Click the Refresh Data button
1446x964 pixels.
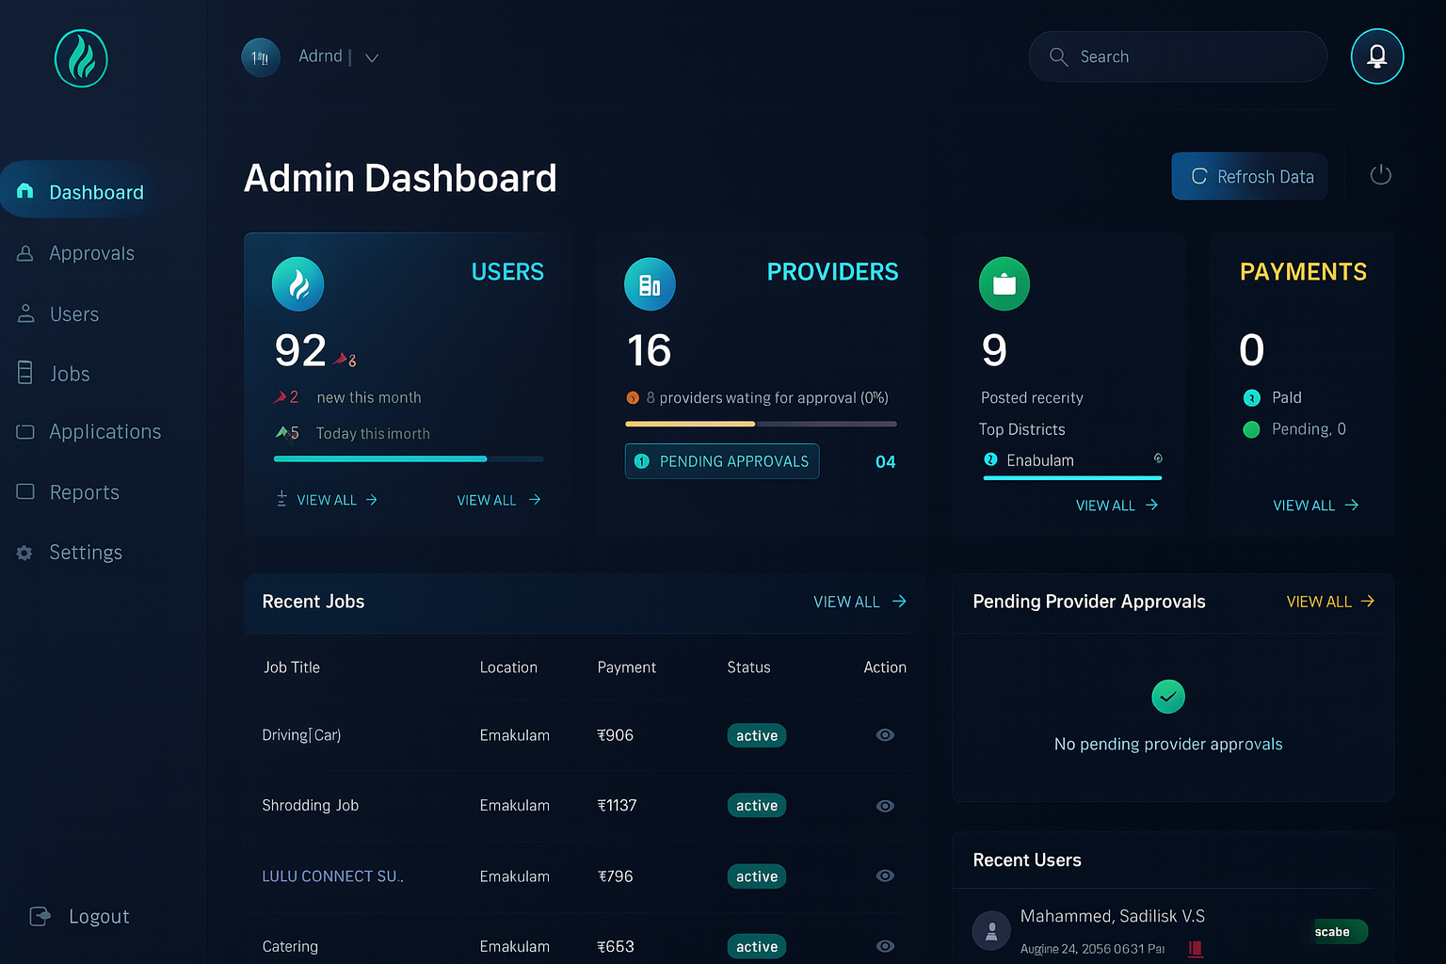pyautogui.click(x=1249, y=176)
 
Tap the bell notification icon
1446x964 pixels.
pyautogui.click(x=1376, y=56)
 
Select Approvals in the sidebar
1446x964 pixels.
pyautogui.click(x=90, y=253)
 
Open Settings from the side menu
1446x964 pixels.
pyautogui.click(x=85, y=553)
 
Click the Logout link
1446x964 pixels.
pyautogui.click(x=98, y=916)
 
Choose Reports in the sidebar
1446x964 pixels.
pyautogui.click(x=84, y=492)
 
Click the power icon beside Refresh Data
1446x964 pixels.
pyautogui.click(x=1380, y=175)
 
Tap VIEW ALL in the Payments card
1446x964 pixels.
pyautogui.click(x=1314, y=506)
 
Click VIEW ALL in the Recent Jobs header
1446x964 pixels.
pyautogui.click(x=859, y=602)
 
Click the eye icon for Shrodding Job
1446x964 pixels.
pyautogui.click(x=885, y=806)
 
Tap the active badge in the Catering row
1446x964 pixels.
pyautogui.click(x=756, y=946)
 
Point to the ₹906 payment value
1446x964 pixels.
pyautogui.click(x=615, y=735)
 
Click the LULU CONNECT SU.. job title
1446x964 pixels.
pyautogui.click(x=332, y=876)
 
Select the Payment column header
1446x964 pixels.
pyautogui.click(x=626, y=667)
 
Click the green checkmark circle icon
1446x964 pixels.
pyautogui.click(x=1167, y=697)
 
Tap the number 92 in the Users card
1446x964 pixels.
pyautogui.click(x=300, y=351)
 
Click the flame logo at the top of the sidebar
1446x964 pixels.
pyautogui.click(x=81, y=58)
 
